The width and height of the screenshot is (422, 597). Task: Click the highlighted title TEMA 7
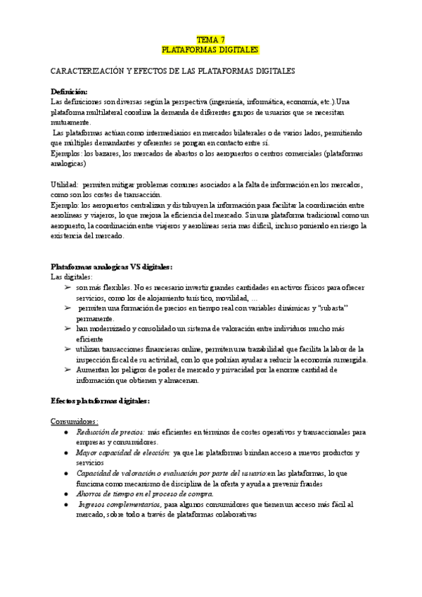(210, 40)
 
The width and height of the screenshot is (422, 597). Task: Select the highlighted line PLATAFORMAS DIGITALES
(210, 50)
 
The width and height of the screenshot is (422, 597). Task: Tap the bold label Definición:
(70, 92)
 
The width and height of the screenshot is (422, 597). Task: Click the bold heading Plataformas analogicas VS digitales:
(112, 266)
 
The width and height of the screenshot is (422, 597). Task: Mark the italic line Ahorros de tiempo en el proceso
(133, 494)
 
